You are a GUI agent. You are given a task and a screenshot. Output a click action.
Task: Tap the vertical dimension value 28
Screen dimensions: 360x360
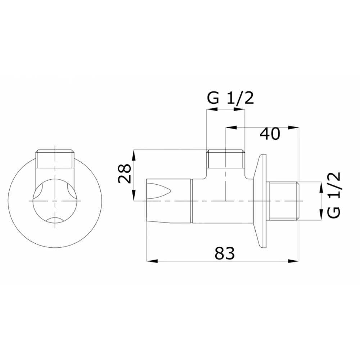[x=125, y=174]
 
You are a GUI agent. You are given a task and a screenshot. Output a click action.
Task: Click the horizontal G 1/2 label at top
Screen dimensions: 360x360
[x=230, y=99]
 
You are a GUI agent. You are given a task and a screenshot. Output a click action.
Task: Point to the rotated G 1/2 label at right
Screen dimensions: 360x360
[x=334, y=195]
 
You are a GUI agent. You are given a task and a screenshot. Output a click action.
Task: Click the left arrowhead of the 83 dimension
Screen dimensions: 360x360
[x=152, y=261]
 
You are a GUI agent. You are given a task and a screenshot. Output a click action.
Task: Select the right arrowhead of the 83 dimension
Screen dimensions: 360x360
[x=294, y=261]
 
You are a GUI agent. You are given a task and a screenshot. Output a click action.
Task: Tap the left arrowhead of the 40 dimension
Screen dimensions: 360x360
[x=231, y=127]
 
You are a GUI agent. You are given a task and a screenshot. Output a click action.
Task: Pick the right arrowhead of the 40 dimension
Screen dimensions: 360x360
[x=294, y=127]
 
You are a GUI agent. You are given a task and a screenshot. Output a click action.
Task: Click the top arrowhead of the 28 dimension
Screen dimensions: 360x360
[x=134, y=155]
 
